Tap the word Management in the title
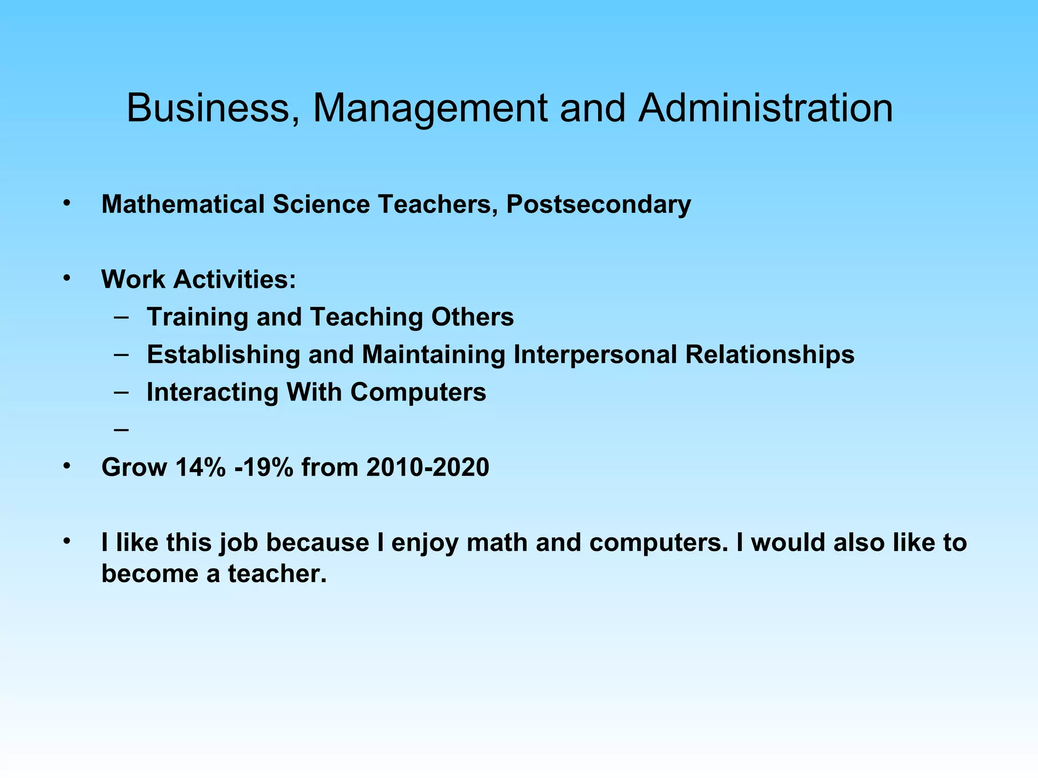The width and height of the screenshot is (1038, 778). pos(430,108)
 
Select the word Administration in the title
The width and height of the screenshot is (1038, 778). pos(765,108)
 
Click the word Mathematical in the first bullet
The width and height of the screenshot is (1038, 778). pos(183,205)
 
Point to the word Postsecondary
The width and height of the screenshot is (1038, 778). pos(599,205)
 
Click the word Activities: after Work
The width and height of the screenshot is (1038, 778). pos(235,279)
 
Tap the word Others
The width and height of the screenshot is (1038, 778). pos(472,317)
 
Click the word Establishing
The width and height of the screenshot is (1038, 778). pos(224,355)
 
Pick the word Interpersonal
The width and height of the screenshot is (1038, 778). pos(595,355)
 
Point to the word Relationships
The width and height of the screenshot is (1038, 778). pos(769,355)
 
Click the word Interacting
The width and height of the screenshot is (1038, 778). pos(212,393)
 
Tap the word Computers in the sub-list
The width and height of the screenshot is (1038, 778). pos(418,393)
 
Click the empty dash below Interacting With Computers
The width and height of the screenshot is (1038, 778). pos(122,430)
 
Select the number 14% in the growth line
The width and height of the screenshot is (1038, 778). pos(200,467)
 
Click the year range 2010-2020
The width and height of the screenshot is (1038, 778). pos(428,467)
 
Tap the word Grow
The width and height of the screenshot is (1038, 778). pos(134,467)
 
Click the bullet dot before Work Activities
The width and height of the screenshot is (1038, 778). pos(66,278)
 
